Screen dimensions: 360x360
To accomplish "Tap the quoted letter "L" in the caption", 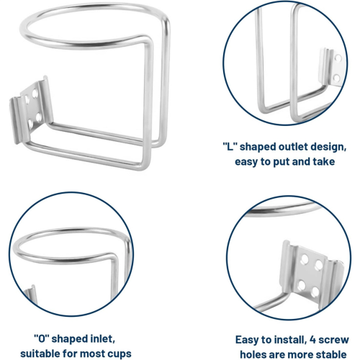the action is tap(230, 147).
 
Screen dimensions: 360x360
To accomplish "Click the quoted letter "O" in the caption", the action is tap(42, 339).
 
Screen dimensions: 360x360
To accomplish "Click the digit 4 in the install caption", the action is tap(313, 340).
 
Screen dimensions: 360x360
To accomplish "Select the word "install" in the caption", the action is tap(290, 340).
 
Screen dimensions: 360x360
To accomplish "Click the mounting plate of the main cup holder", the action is tap(31, 109).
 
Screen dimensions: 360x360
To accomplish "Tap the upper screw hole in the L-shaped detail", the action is tap(338, 58).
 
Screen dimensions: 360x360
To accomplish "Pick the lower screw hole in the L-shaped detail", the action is tap(337, 78).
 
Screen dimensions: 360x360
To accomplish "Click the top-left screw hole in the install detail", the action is tap(305, 258).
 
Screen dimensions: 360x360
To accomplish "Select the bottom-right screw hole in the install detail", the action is tap(315, 292).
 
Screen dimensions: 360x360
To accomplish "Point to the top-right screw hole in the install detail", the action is tap(319, 265).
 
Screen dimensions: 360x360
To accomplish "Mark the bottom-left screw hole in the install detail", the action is tap(301, 285).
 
